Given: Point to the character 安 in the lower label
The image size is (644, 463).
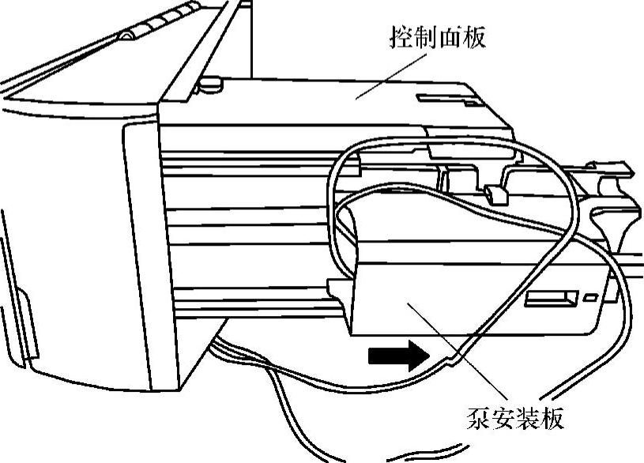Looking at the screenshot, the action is pos(507,417).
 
